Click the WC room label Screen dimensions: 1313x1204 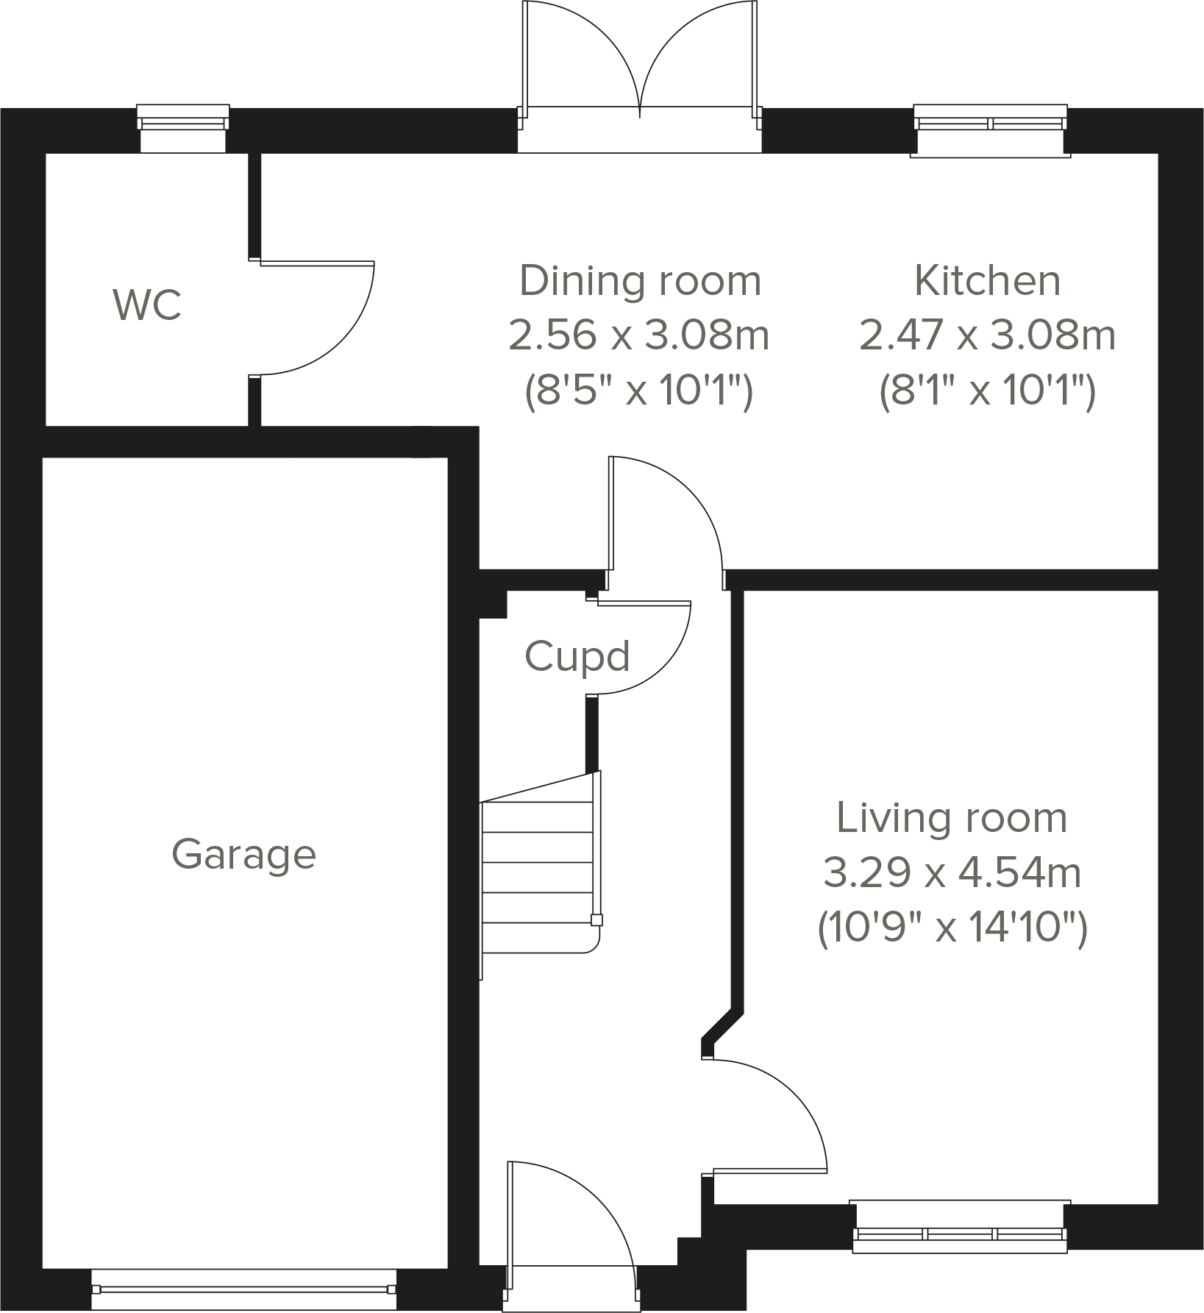pyautogui.click(x=147, y=305)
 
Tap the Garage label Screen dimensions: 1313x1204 pyautogui.click(x=243, y=855)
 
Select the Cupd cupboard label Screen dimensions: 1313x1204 pyautogui.click(x=577, y=656)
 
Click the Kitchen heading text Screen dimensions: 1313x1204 pyautogui.click(x=987, y=280)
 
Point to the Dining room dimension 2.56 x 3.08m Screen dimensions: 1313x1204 pyautogui.click(x=638, y=336)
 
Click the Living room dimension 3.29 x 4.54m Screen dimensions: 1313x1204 pyautogui.click(x=952, y=873)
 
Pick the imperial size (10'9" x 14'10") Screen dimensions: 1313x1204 pyautogui.click(x=952, y=928)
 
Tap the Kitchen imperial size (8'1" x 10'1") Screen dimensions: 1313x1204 pyautogui.click(x=987, y=391)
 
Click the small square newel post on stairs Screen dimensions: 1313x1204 pyautogui.click(x=596, y=919)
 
